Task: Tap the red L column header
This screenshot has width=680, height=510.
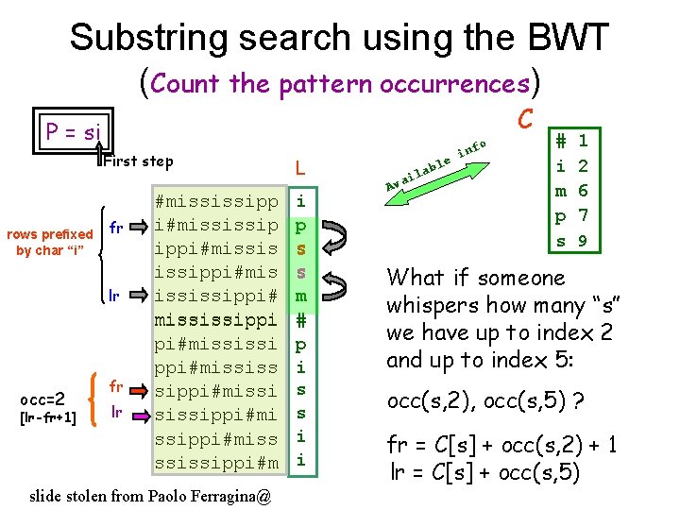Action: point(298,168)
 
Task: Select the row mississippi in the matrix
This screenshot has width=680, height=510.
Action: point(216,319)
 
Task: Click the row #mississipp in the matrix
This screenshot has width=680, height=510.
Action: point(216,201)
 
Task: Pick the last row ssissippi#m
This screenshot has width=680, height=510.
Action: point(216,462)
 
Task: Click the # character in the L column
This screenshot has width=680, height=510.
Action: point(300,319)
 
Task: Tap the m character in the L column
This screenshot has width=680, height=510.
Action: point(300,296)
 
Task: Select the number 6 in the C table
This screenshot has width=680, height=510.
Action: point(583,191)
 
